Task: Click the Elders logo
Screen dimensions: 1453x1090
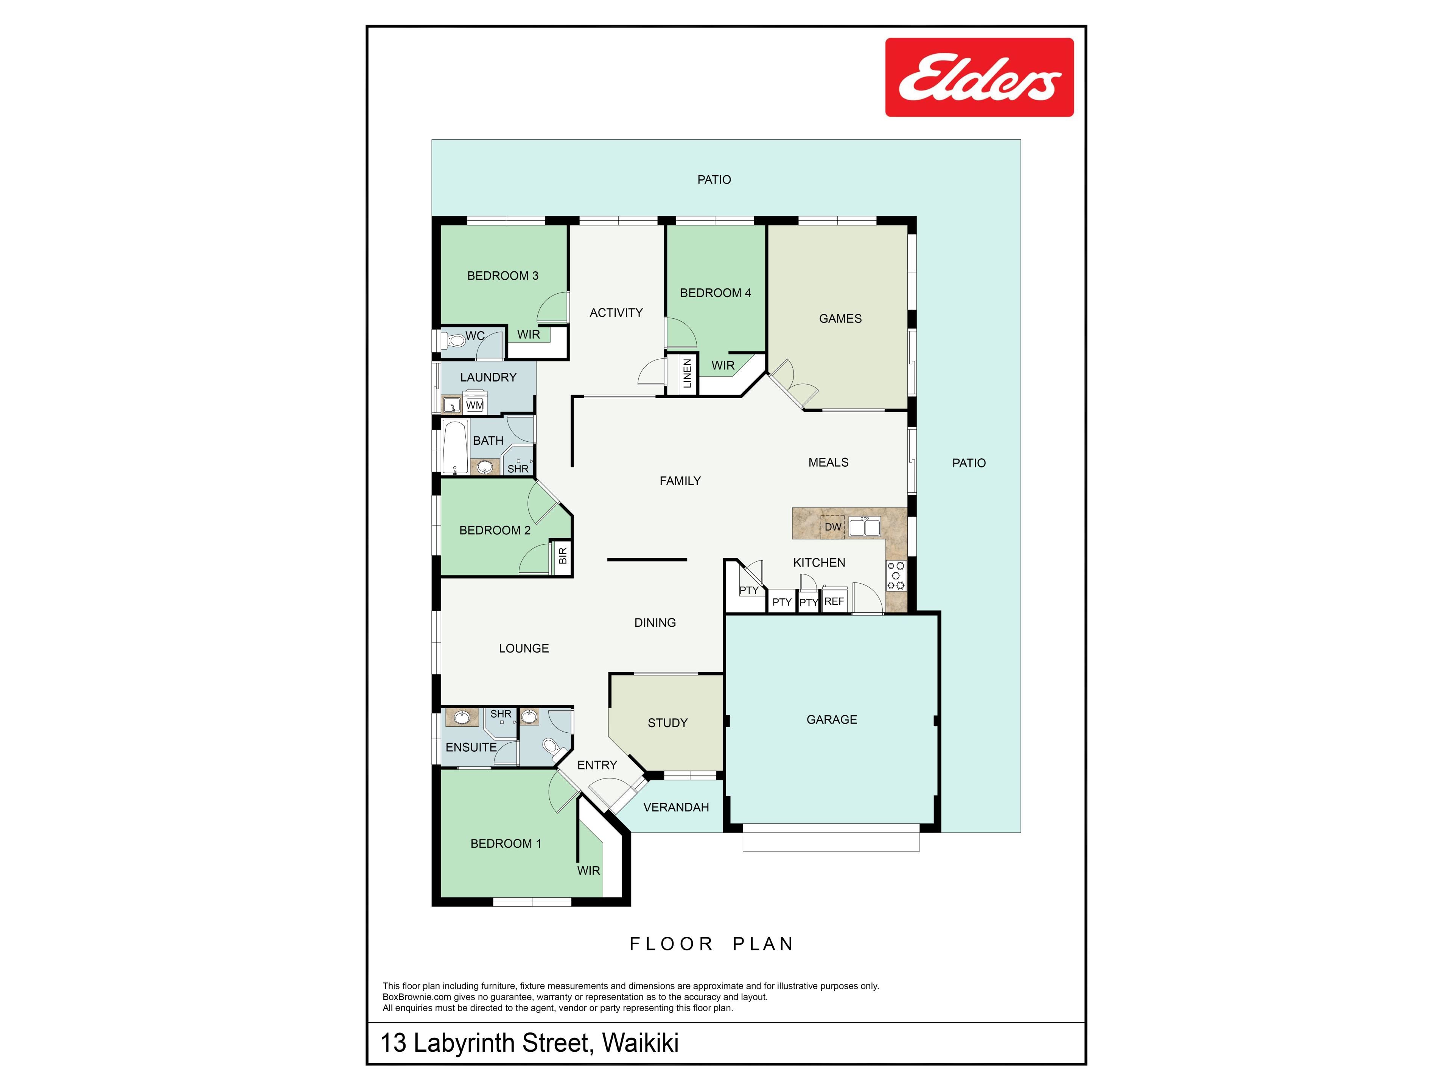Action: pos(979,78)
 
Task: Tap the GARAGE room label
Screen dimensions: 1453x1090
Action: pos(832,719)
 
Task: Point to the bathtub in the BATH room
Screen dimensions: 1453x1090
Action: pos(454,447)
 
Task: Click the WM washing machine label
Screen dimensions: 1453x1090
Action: pos(475,405)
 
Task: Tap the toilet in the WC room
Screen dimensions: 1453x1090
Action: pos(454,340)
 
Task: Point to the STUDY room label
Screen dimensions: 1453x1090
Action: pos(667,723)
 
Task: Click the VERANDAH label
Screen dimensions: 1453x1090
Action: pos(676,808)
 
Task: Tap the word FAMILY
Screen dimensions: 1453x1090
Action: pos(680,481)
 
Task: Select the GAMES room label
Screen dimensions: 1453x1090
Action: pos(840,319)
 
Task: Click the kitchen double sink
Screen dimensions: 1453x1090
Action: pos(865,526)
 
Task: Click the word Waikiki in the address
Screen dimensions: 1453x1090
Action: pos(641,1043)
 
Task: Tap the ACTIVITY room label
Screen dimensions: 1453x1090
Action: pos(616,313)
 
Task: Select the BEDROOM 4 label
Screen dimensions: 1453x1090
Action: pos(715,293)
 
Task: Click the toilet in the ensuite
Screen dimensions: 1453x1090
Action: pos(551,746)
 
